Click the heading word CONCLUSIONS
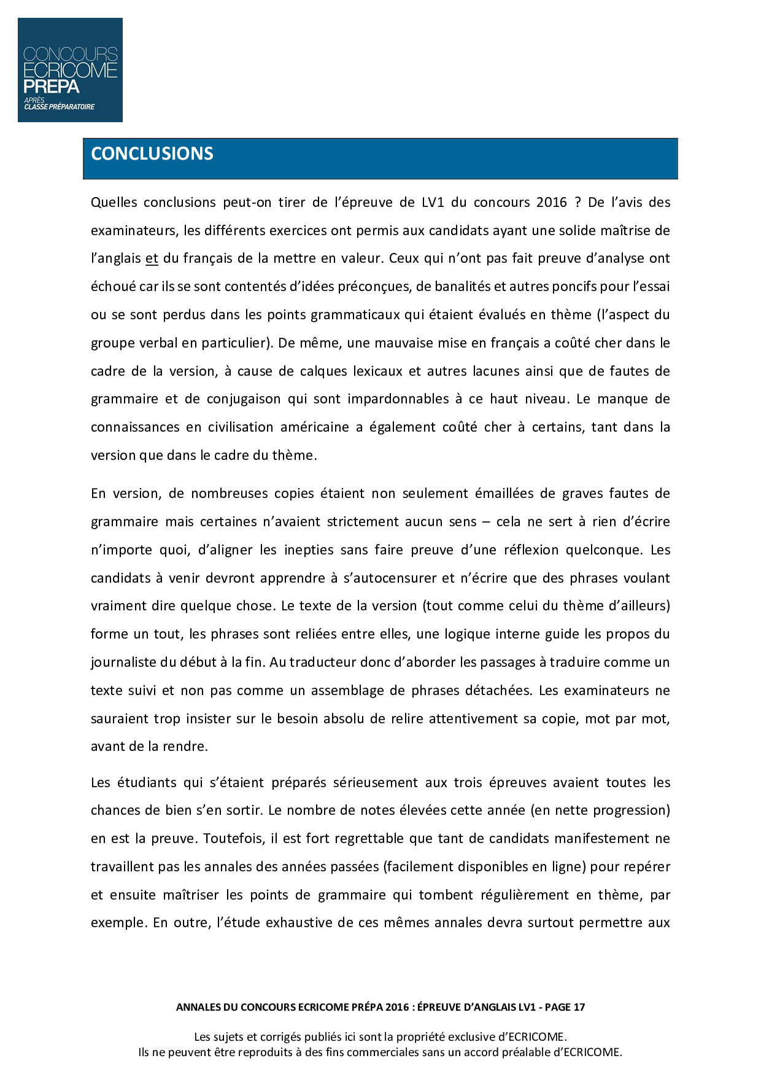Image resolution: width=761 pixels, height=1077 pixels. click(152, 154)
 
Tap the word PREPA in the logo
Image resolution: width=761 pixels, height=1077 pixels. click(52, 87)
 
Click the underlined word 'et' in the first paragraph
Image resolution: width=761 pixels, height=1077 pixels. click(152, 259)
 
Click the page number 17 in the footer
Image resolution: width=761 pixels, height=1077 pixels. click(579, 1008)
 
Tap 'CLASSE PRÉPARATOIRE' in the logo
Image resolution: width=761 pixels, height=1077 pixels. click(60, 107)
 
